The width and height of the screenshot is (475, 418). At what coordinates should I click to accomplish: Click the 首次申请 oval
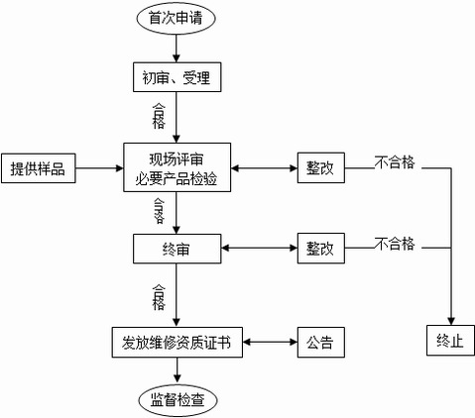[x=177, y=18]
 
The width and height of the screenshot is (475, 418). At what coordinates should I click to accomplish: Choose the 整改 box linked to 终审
[x=321, y=247]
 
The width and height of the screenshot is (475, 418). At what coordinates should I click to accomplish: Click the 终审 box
[x=177, y=248]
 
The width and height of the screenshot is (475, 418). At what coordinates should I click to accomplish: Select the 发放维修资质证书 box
[x=177, y=343]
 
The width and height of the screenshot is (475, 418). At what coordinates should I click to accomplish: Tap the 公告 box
[x=320, y=343]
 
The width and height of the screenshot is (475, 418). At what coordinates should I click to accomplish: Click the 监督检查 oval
[x=177, y=398]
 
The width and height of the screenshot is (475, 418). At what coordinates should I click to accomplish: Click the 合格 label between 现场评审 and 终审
[x=159, y=207]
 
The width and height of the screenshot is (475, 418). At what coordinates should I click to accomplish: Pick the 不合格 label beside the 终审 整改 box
[x=395, y=244]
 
